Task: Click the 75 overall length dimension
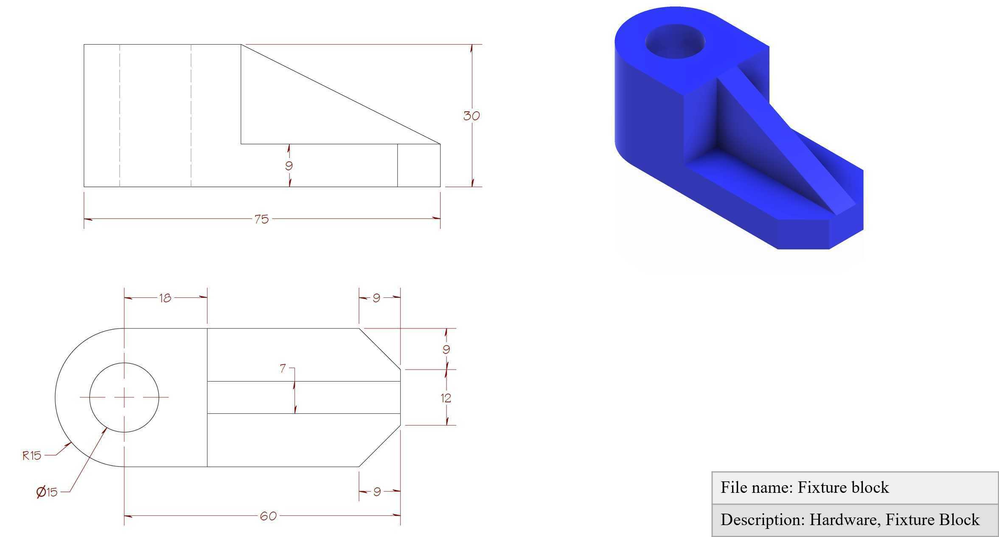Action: click(261, 219)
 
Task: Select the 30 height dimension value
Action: click(471, 116)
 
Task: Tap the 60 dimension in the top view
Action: click(268, 516)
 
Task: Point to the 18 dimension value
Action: click(165, 298)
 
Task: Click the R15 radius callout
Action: click(32, 456)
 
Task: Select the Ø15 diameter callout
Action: click(47, 492)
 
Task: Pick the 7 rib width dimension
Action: click(283, 368)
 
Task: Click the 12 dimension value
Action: click(446, 398)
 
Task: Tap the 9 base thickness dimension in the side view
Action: click(289, 166)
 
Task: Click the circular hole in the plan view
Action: click(124, 363)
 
